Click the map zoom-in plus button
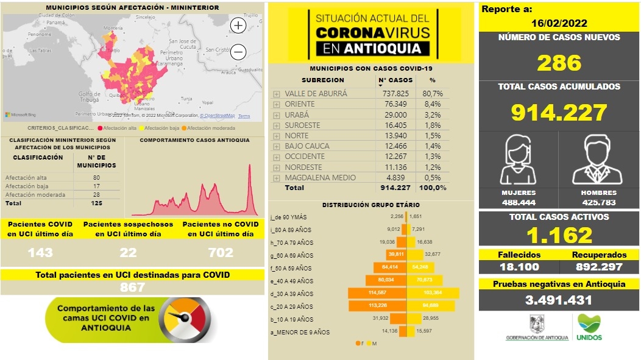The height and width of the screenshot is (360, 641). [x=238, y=26]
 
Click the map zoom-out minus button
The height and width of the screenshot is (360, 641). [x=238, y=52]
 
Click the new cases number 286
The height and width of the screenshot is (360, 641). [x=559, y=63]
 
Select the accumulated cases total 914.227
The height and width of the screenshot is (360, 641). [x=559, y=113]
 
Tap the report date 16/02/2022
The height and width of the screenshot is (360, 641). [x=559, y=23]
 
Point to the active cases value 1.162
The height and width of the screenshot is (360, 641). [x=559, y=235]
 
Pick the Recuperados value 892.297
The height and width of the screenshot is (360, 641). [x=600, y=267]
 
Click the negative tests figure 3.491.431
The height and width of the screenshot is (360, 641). [x=559, y=300]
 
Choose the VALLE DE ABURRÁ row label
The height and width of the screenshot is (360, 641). [x=315, y=94]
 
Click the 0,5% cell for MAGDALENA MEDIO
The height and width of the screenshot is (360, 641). [x=433, y=177]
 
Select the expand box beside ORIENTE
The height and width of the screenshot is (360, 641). [x=277, y=104]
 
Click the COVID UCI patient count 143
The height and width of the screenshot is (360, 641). [x=40, y=252]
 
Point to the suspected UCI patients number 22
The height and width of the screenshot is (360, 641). [x=128, y=252]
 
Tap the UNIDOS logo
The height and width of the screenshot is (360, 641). [x=589, y=328]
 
